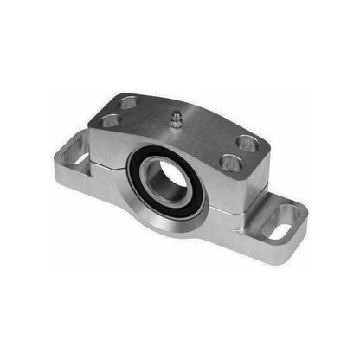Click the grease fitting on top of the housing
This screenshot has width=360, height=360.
[176, 119]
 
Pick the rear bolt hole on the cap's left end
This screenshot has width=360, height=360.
[129, 103]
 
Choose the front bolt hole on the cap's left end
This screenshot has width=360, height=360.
[110, 120]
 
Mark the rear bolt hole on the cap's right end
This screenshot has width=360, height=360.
[245, 141]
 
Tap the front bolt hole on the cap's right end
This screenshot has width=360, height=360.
[230, 161]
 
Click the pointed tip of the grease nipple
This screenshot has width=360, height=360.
[176, 111]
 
